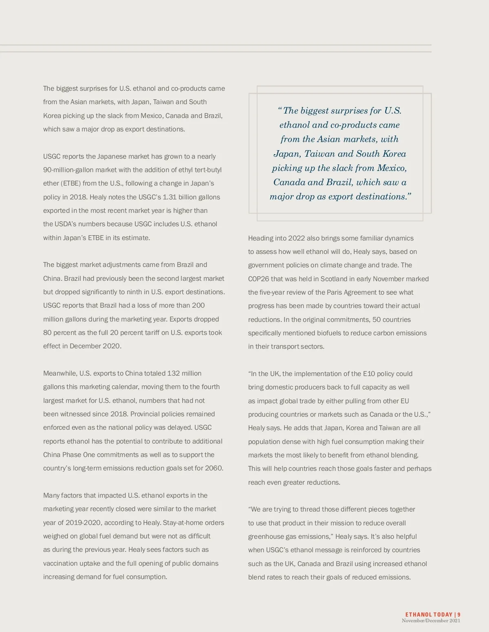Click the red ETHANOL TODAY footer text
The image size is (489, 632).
(429, 615)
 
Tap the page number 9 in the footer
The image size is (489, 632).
(459, 615)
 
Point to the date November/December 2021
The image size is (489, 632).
(431, 621)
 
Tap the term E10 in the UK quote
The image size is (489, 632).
(369, 374)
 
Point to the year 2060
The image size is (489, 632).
(214, 468)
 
